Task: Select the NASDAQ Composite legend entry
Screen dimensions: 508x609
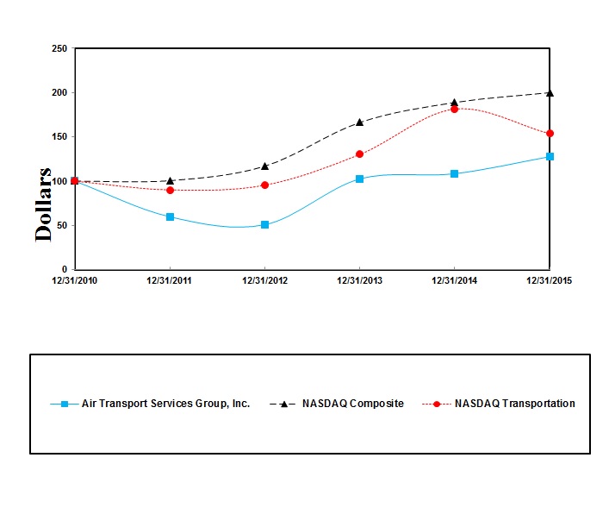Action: point(352,404)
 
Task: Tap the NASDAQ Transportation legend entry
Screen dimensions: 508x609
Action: point(514,404)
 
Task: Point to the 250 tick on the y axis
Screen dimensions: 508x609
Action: point(59,48)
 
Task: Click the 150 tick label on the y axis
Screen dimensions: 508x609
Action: point(59,137)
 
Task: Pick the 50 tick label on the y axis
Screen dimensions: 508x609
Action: point(62,226)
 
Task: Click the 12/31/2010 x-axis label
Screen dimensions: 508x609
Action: point(75,279)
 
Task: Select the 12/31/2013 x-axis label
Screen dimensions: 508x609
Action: point(359,279)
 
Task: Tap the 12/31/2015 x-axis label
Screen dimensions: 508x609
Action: point(549,279)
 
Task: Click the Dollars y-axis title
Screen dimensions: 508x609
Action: point(43,204)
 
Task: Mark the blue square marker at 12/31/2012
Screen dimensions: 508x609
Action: point(264,224)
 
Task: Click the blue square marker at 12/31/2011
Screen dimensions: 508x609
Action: point(170,216)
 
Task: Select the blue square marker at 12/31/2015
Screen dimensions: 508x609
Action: point(549,156)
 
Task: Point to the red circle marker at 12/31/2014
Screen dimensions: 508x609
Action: point(454,109)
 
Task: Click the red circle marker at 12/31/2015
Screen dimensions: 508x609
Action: point(549,133)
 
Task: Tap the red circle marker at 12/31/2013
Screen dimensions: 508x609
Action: point(359,154)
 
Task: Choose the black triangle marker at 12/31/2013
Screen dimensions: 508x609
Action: point(359,122)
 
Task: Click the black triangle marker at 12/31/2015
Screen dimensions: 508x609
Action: point(549,92)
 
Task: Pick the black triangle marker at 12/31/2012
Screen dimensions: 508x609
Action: point(264,166)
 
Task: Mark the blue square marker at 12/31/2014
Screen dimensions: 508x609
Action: point(454,173)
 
